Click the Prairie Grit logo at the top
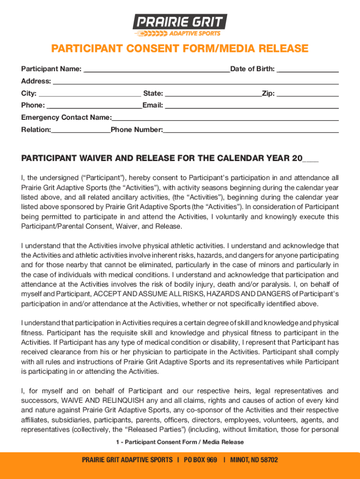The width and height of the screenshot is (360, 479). pyautogui.click(x=180, y=25)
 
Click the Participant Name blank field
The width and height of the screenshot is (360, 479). pyautogui.click(x=156, y=69)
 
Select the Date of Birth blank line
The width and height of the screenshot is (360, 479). pyautogui.click(x=307, y=69)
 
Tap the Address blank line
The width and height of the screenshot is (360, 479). pyautogui.click(x=195, y=81)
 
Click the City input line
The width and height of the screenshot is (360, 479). pyautogui.click(x=90, y=94)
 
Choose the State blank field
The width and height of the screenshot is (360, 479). pyautogui.click(x=213, y=94)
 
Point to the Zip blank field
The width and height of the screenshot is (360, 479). pyautogui.click(x=307, y=94)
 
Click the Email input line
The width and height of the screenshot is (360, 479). pyautogui.click(x=252, y=106)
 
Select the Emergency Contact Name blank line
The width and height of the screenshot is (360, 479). pyautogui.click(x=225, y=118)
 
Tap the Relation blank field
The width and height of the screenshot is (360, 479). pyautogui.click(x=81, y=130)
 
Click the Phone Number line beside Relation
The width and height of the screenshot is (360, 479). pyautogui.click(x=251, y=130)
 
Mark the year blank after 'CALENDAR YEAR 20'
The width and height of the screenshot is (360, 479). pyautogui.click(x=310, y=159)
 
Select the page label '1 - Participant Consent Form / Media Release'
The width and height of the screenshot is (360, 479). pyautogui.click(x=180, y=442)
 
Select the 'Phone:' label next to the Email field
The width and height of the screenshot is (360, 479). pyautogui.click(x=33, y=106)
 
